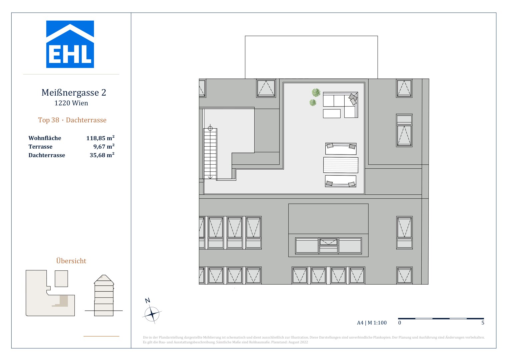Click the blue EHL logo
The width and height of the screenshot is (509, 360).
click(70, 44)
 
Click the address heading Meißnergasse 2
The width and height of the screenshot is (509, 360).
click(74, 93)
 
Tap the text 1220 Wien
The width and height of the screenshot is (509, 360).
click(71, 103)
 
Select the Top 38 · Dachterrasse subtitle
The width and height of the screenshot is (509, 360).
click(72, 120)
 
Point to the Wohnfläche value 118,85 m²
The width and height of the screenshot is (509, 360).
click(100, 138)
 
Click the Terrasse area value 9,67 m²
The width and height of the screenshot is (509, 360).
click(104, 147)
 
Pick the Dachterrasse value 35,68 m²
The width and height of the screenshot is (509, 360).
click(102, 155)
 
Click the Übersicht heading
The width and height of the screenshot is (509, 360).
click(71, 261)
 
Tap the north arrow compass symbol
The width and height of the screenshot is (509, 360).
click(152, 314)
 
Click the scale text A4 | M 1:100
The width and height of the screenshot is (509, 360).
click(372, 323)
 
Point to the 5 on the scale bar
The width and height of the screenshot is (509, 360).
click(483, 323)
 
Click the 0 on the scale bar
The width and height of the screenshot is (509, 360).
click(400, 323)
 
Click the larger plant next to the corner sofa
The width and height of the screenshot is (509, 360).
click(316, 92)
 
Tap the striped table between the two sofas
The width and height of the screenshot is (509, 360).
click(340, 165)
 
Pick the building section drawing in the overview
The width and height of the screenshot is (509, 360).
click(104, 296)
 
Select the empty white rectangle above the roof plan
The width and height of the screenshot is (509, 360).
click(311, 57)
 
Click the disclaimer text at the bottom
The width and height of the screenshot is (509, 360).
click(313, 340)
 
